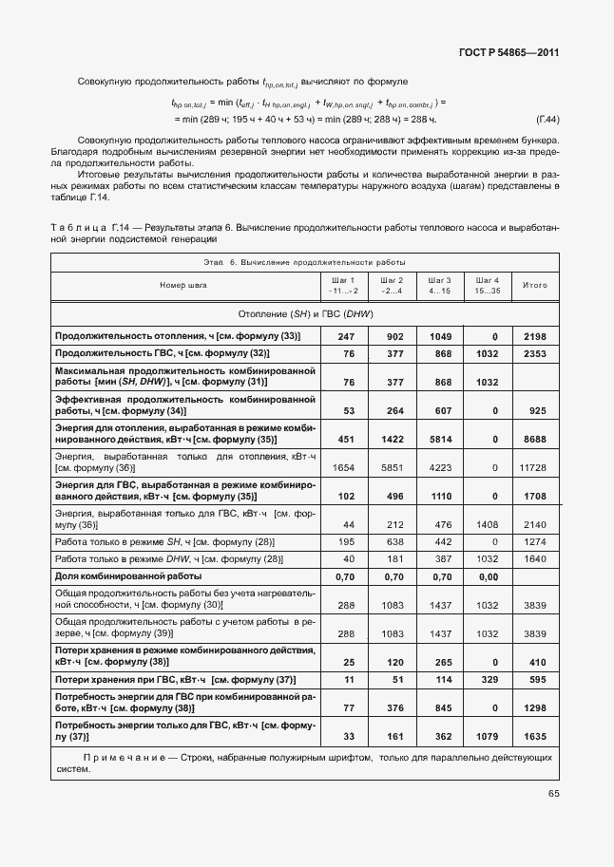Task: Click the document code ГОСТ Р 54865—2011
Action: (x=508, y=53)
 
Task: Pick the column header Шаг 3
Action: (x=439, y=280)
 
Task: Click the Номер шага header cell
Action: (x=183, y=285)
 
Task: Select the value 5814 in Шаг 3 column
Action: (x=439, y=439)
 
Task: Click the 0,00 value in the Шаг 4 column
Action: (x=488, y=576)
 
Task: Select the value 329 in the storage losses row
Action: (x=488, y=680)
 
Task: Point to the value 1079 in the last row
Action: (x=488, y=735)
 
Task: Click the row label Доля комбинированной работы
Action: (x=127, y=576)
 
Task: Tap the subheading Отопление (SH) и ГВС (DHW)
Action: (x=305, y=313)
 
